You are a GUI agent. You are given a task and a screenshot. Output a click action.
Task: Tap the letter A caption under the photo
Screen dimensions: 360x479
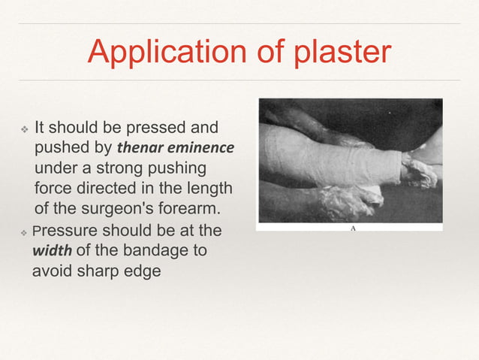[352, 227]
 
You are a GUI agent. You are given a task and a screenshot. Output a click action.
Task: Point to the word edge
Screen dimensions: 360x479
[143, 271]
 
